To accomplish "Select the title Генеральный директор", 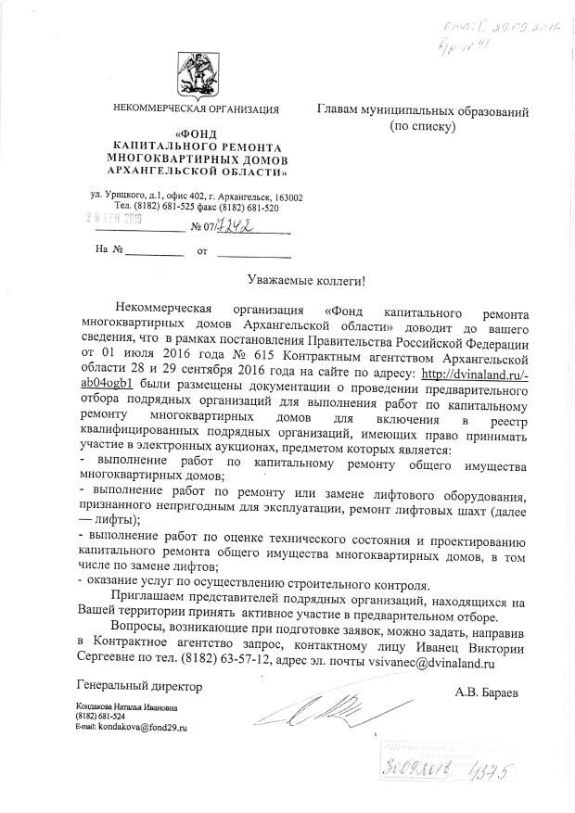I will [137, 687].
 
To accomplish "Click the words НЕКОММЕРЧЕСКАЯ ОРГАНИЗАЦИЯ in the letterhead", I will [196, 110].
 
